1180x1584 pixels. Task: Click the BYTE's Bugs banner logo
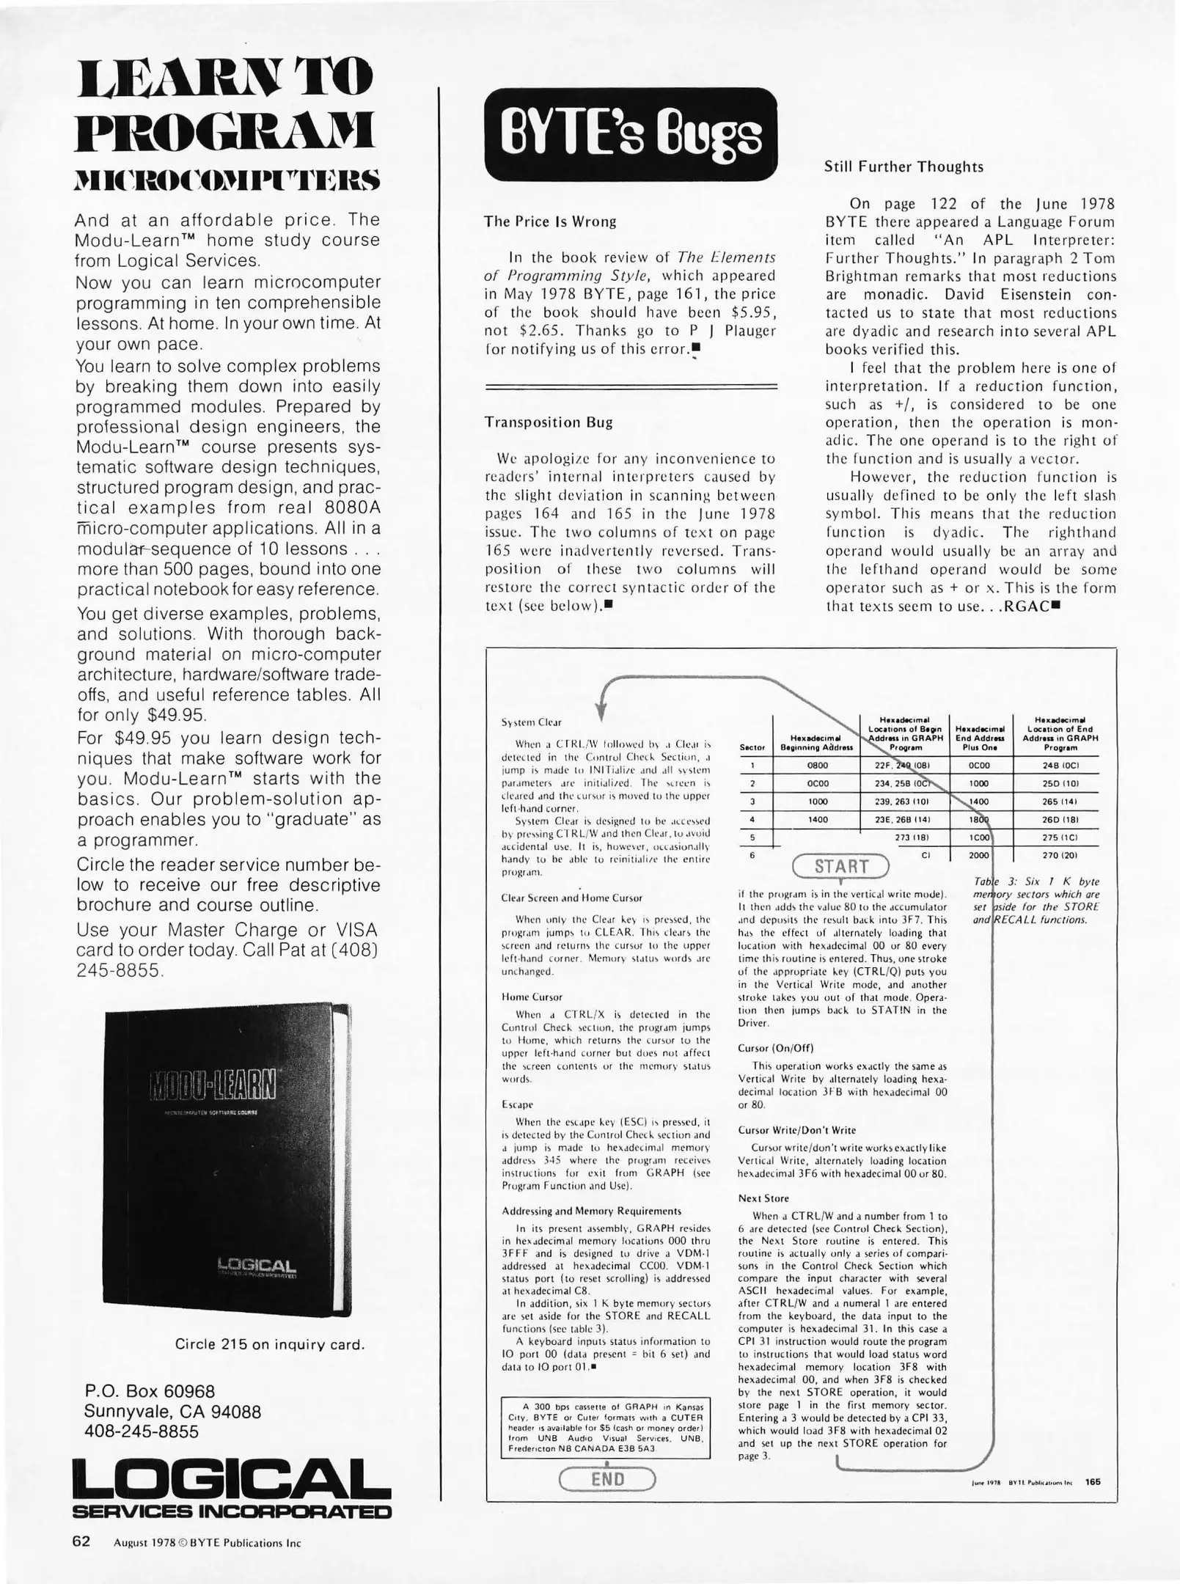coord(631,134)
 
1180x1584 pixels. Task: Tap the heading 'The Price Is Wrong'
coord(550,221)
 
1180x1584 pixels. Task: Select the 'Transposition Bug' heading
coord(549,422)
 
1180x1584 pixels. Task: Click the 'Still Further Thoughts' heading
coord(904,166)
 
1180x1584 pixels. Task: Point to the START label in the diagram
coord(840,866)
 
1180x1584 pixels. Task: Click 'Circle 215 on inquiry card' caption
coord(269,1344)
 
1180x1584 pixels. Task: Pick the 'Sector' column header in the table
coord(752,747)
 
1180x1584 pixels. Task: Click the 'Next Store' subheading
coord(763,1198)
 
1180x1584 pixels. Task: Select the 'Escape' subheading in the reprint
coord(517,1104)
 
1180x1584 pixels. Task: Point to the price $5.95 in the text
coord(753,312)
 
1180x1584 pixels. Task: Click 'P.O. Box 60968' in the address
coord(150,1391)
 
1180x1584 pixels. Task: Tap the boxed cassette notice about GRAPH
coord(606,1427)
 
